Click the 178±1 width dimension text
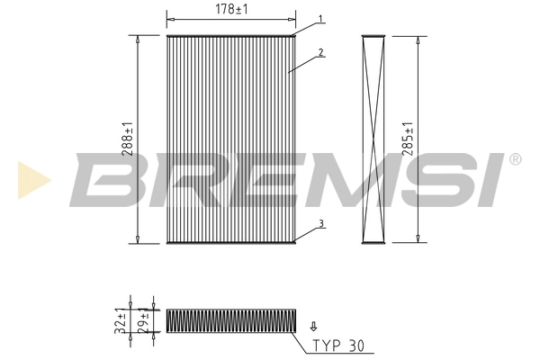tap(231, 9)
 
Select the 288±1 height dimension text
tap(130, 140)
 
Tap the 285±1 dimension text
tap(409, 139)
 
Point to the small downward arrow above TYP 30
tap(313, 328)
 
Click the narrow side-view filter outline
tap(373, 139)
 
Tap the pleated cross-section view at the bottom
tap(230, 320)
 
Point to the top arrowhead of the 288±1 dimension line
tap(137, 40)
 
